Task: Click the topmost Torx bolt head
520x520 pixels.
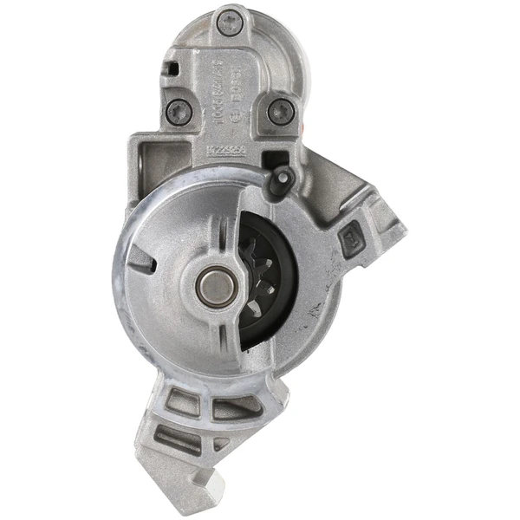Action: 230,23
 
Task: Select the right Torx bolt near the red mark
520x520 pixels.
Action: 280,110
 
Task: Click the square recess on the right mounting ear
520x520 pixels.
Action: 354,241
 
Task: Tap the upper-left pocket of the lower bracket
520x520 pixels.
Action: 182,401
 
